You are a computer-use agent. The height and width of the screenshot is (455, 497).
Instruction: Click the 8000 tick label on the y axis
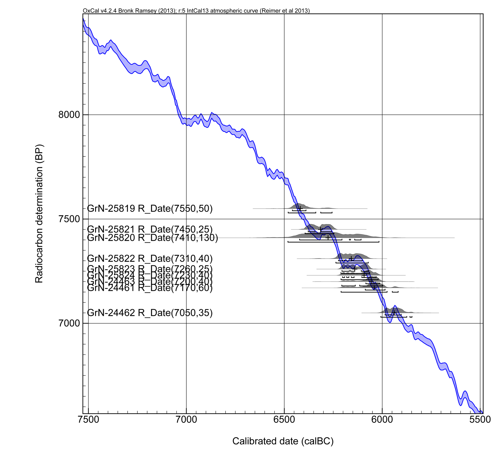69,115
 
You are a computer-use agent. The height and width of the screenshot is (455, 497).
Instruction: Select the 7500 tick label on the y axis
69,219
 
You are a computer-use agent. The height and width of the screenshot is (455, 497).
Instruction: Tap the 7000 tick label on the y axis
69,323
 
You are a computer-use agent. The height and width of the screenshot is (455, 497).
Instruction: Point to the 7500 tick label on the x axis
88,420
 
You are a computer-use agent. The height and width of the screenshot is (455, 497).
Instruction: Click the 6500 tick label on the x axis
284,420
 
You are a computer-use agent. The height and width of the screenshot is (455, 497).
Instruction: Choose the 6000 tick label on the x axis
382,420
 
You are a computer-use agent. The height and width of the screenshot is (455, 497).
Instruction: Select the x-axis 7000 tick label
186,420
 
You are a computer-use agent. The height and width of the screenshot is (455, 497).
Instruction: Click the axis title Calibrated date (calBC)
283,441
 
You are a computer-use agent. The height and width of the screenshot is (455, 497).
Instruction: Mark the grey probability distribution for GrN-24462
394,310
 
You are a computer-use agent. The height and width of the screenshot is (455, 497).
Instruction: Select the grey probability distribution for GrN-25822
354,256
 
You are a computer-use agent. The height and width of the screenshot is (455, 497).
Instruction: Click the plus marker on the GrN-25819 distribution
300,208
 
